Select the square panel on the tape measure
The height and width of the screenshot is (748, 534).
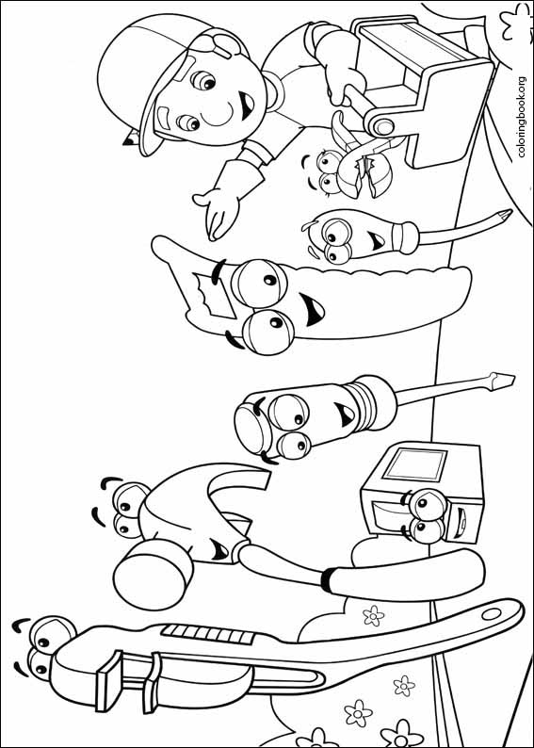pyautogui.click(x=417, y=468)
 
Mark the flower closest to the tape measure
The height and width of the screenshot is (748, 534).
pyautogui.click(x=374, y=617)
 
